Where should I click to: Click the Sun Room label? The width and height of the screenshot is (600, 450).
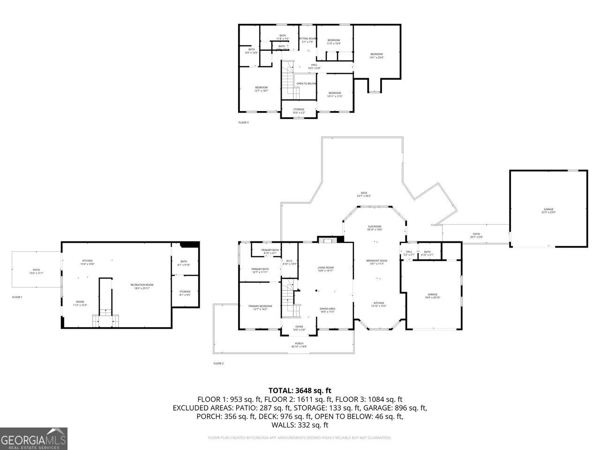(374, 228)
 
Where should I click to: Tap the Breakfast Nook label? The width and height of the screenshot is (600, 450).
(377, 262)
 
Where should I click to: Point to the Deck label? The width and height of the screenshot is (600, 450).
(364, 194)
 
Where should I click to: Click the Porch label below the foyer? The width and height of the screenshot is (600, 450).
(299, 345)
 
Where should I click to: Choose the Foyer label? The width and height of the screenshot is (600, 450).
(299, 328)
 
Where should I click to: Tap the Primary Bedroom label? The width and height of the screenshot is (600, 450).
(260, 307)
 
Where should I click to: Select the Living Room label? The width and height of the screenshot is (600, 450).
(325, 269)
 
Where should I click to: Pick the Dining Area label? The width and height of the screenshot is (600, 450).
(327, 310)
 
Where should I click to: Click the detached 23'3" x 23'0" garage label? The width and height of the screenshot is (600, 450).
(548, 210)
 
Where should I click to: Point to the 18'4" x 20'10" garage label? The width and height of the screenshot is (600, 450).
(432, 296)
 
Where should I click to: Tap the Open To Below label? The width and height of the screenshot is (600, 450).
(306, 84)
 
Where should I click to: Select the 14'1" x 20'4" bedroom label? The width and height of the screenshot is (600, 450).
(376, 55)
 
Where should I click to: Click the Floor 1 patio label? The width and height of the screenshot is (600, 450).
(36, 271)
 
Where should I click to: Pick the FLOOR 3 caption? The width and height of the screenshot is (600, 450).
(244, 123)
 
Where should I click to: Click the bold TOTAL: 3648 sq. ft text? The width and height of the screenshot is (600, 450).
(300, 390)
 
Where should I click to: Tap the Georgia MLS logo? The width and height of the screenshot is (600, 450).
(34, 439)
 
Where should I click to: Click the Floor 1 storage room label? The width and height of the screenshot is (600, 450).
(185, 293)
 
